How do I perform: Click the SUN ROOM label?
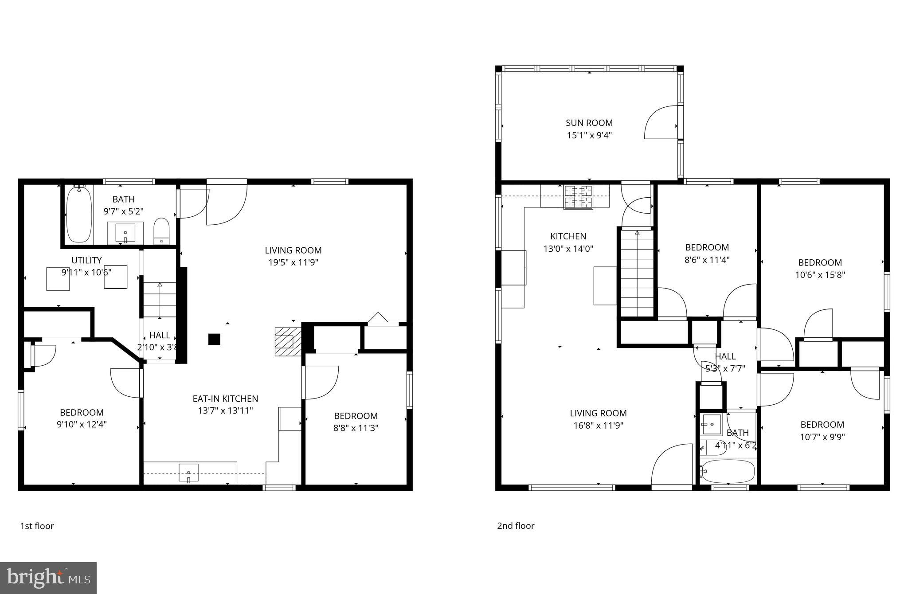click(x=589, y=123)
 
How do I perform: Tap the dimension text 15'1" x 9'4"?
click(x=589, y=135)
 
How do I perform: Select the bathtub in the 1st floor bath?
click(x=79, y=215)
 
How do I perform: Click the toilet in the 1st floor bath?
click(x=161, y=231)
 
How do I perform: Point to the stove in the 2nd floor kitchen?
click(x=578, y=197)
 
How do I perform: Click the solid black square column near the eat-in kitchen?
click(x=214, y=339)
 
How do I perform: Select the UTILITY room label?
click(x=86, y=260)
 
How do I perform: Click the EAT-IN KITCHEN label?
click(x=225, y=399)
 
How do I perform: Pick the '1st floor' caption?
click(x=37, y=526)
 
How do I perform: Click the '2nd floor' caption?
click(x=516, y=526)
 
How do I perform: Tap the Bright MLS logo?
click(x=48, y=578)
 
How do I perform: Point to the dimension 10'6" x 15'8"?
click(x=820, y=275)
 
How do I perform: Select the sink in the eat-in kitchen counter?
click(x=188, y=473)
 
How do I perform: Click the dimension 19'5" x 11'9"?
click(x=293, y=262)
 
